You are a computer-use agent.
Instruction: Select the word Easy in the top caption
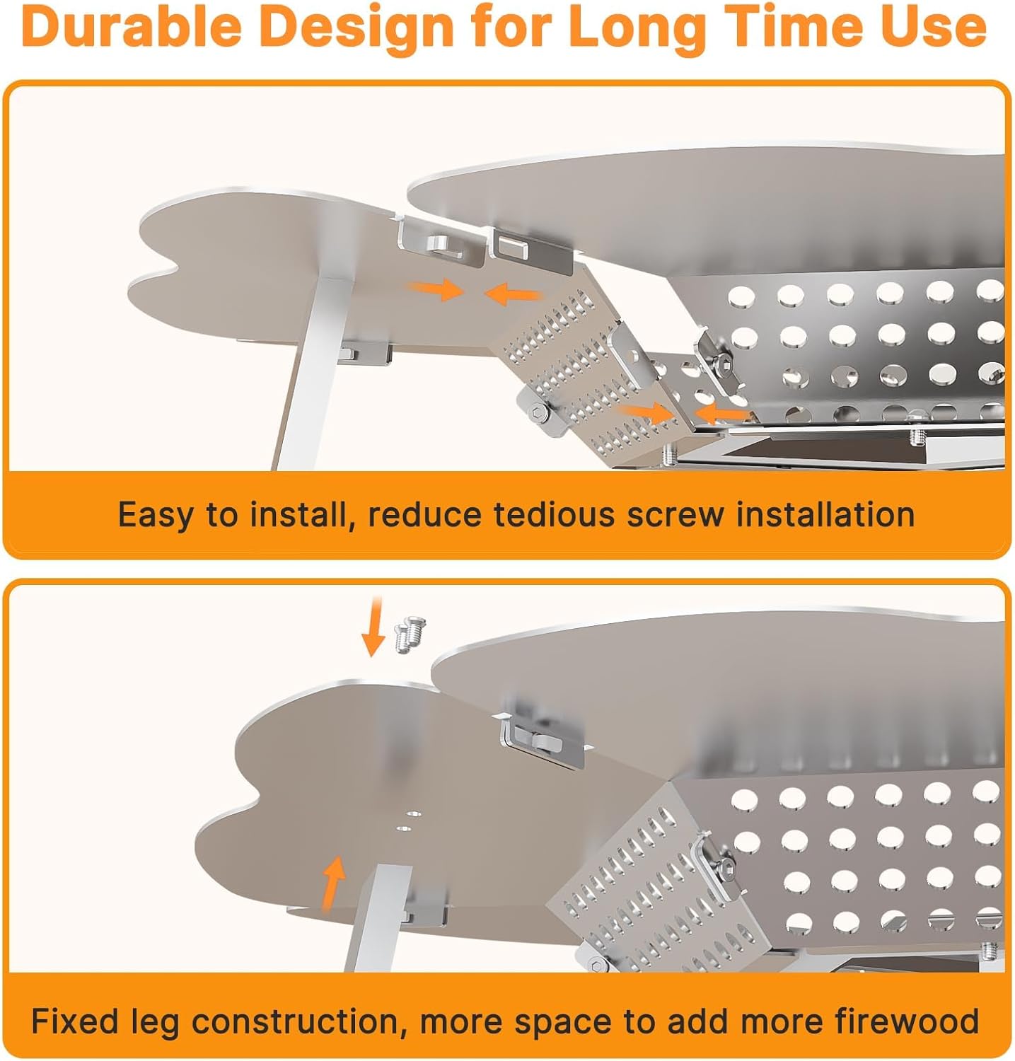[x=154, y=515]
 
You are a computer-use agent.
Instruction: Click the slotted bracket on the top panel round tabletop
[x=529, y=248]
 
